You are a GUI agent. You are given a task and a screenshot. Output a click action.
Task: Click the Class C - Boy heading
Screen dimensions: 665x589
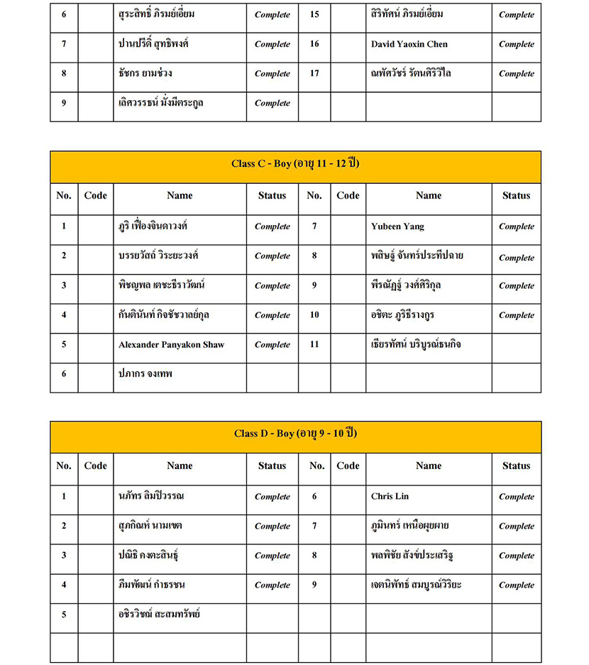click(x=295, y=163)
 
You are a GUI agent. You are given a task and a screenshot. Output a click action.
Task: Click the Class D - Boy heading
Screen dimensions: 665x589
click(x=295, y=434)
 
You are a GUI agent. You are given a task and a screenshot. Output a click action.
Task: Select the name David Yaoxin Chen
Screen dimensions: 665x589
click(x=409, y=44)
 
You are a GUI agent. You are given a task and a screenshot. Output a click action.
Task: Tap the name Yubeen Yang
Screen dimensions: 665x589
click(x=397, y=226)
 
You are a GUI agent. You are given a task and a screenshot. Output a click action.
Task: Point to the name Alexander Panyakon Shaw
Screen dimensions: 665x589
click(x=171, y=345)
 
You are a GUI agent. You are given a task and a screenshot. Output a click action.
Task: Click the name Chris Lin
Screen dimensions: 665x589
click(x=390, y=497)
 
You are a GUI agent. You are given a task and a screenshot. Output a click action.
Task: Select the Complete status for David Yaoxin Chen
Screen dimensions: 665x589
click(x=516, y=44)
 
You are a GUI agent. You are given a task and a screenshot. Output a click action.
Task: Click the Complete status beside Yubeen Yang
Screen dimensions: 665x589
click(x=516, y=226)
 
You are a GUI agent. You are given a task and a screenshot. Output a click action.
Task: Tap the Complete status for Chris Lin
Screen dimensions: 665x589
click(x=516, y=497)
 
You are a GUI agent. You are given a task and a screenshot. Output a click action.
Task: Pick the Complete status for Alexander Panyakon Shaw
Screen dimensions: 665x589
click(x=272, y=345)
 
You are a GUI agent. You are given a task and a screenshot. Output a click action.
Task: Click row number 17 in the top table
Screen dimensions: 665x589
click(x=314, y=73)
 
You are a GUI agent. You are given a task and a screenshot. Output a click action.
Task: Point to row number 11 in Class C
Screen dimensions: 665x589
click(x=314, y=345)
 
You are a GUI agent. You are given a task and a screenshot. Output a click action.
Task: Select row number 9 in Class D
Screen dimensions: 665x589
click(x=314, y=585)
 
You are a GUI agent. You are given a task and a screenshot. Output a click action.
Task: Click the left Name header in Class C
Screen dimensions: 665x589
click(x=180, y=196)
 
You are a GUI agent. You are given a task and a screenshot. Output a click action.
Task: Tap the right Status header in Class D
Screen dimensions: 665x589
click(x=516, y=466)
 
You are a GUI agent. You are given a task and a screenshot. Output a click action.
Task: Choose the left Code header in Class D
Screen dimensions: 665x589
click(x=95, y=466)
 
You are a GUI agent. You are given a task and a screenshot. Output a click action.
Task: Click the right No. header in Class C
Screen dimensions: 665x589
click(x=314, y=196)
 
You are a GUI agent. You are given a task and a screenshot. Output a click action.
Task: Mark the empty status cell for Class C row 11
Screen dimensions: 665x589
click(x=516, y=345)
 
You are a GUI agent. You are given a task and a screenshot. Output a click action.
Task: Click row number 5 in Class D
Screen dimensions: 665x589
click(x=64, y=615)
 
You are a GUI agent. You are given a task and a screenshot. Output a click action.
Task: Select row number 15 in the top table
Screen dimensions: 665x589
click(x=314, y=14)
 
